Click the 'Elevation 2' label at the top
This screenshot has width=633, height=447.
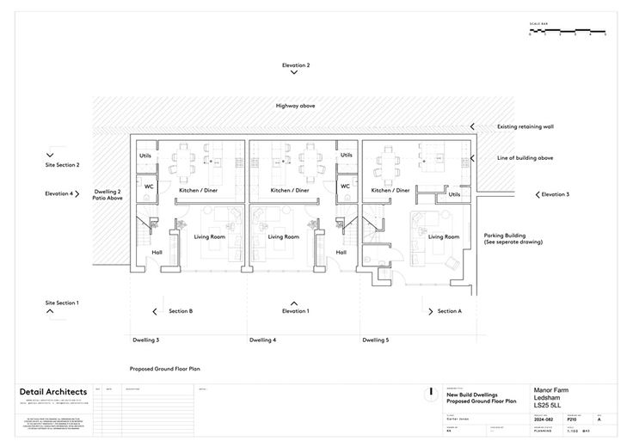[x=295, y=65]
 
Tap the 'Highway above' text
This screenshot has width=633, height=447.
[x=295, y=105]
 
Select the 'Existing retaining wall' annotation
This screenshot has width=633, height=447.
[x=525, y=126]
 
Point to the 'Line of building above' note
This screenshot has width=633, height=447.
[x=525, y=158]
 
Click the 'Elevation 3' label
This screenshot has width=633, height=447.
[x=555, y=194]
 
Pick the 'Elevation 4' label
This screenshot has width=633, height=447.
[x=59, y=193]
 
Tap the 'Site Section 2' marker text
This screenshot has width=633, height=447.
[x=62, y=164]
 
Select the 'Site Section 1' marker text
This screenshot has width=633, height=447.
[x=62, y=303]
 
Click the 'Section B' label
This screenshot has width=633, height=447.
[x=181, y=311]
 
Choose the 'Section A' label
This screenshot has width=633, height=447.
[x=449, y=311]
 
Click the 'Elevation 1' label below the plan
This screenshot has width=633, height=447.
[x=295, y=311]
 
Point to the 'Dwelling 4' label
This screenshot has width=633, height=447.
[x=262, y=340]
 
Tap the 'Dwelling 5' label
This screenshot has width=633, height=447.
[x=375, y=340]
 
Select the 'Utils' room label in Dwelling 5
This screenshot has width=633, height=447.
[x=454, y=194]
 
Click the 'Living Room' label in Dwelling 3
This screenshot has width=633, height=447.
[x=209, y=236]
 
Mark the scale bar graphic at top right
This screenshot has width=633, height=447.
[x=568, y=32]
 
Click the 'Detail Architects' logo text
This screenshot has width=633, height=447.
[x=53, y=392]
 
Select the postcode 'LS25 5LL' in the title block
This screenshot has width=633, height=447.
[x=547, y=405]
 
